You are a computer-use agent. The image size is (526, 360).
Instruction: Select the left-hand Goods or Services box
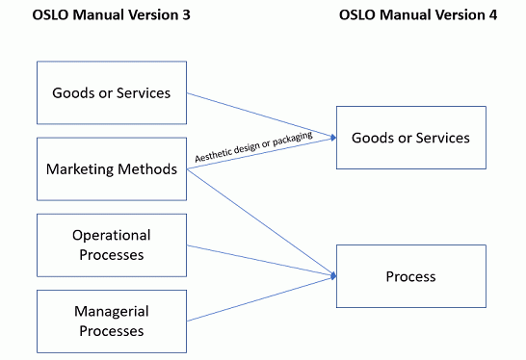tap(111, 93)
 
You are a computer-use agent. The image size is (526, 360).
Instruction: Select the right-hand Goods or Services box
tap(410, 138)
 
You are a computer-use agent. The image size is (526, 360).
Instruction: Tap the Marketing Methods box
tap(111, 169)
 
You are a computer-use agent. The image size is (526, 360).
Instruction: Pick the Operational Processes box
tap(111, 244)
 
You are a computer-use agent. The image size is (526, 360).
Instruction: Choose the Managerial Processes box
tap(111, 321)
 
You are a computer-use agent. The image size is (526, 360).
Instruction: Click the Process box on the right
tap(410, 276)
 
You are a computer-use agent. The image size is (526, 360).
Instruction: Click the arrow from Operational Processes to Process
tap(260, 260)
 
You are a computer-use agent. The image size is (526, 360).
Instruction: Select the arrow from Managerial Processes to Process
tap(260, 298)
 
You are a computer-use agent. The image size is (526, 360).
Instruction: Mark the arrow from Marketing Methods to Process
tap(260, 221)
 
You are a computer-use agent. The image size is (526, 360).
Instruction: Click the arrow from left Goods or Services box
tap(260, 114)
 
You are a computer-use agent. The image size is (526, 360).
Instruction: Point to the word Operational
tap(111, 235)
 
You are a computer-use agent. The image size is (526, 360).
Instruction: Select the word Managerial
tap(111, 311)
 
